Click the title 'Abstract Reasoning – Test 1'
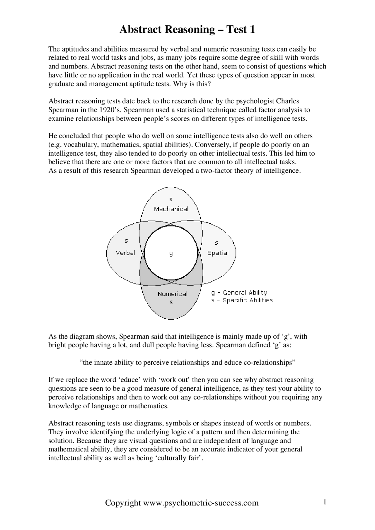point(187,30)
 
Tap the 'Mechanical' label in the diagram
point(171,209)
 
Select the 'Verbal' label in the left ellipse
point(125,253)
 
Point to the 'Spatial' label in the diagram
point(218,253)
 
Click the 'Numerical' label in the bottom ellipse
point(172,294)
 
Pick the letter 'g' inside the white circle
point(171,253)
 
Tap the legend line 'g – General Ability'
point(239,293)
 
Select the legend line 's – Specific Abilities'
point(242,300)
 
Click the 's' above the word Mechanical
point(171,200)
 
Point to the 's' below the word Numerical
point(171,302)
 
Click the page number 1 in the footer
point(325,502)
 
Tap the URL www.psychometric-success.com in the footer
point(201,503)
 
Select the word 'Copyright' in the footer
point(123,503)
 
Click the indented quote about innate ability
point(187,363)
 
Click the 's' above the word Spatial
point(217,243)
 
